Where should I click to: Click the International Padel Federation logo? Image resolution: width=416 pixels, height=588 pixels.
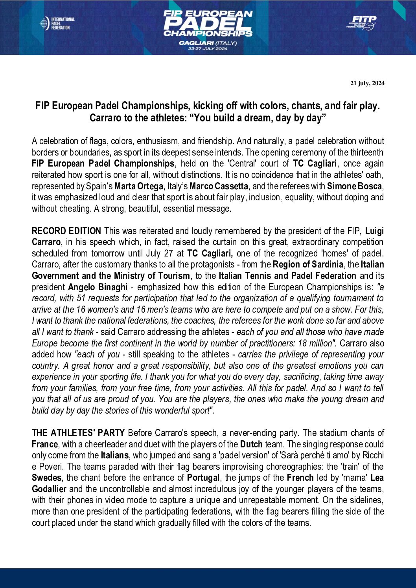click(57, 24)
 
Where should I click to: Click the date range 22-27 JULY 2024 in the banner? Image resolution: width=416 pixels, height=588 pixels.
click(208, 49)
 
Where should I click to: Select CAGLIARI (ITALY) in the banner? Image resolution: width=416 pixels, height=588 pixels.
click(208, 43)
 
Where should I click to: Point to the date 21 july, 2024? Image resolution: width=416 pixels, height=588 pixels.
click(367, 83)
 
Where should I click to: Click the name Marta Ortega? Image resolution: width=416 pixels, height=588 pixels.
click(138, 186)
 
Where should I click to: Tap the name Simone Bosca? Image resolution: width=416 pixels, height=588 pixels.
click(354, 186)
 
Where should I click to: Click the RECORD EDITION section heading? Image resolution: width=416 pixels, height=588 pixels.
click(66, 231)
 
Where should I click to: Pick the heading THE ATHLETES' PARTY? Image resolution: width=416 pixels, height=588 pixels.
click(78, 433)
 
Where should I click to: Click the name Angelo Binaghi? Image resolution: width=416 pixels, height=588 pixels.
click(98, 287)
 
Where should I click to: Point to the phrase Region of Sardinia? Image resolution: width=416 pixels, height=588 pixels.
click(308, 265)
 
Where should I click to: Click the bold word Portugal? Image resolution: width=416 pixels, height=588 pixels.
click(203, 478)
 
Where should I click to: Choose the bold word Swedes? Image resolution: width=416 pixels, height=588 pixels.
click(46, 478)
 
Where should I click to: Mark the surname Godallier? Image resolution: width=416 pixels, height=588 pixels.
click(49, 489)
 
